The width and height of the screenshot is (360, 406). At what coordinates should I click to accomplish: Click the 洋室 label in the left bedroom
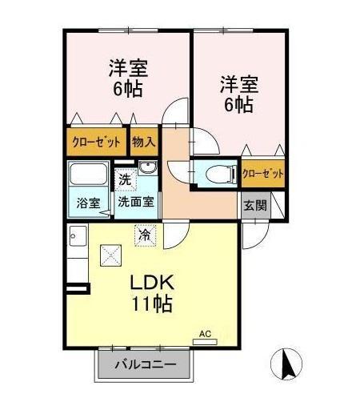click(127, 67)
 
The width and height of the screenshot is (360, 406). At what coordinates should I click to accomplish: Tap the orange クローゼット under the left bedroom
click(95, 143)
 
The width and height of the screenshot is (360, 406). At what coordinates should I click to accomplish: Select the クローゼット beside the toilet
click(262, 172)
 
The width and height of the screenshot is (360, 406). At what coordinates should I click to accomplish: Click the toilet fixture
click(215, 173)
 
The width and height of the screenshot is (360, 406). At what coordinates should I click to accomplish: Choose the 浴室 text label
click(88, 203)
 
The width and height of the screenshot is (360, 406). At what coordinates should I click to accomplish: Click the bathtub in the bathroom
click(89, 175)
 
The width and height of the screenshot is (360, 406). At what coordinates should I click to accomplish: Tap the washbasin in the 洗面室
click(147, 167)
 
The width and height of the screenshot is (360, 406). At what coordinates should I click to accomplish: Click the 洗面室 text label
click(137, 203)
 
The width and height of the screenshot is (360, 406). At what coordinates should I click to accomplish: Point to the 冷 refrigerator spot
click(144, 236)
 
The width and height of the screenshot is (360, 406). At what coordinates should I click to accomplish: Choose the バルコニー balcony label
click(144, 366)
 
